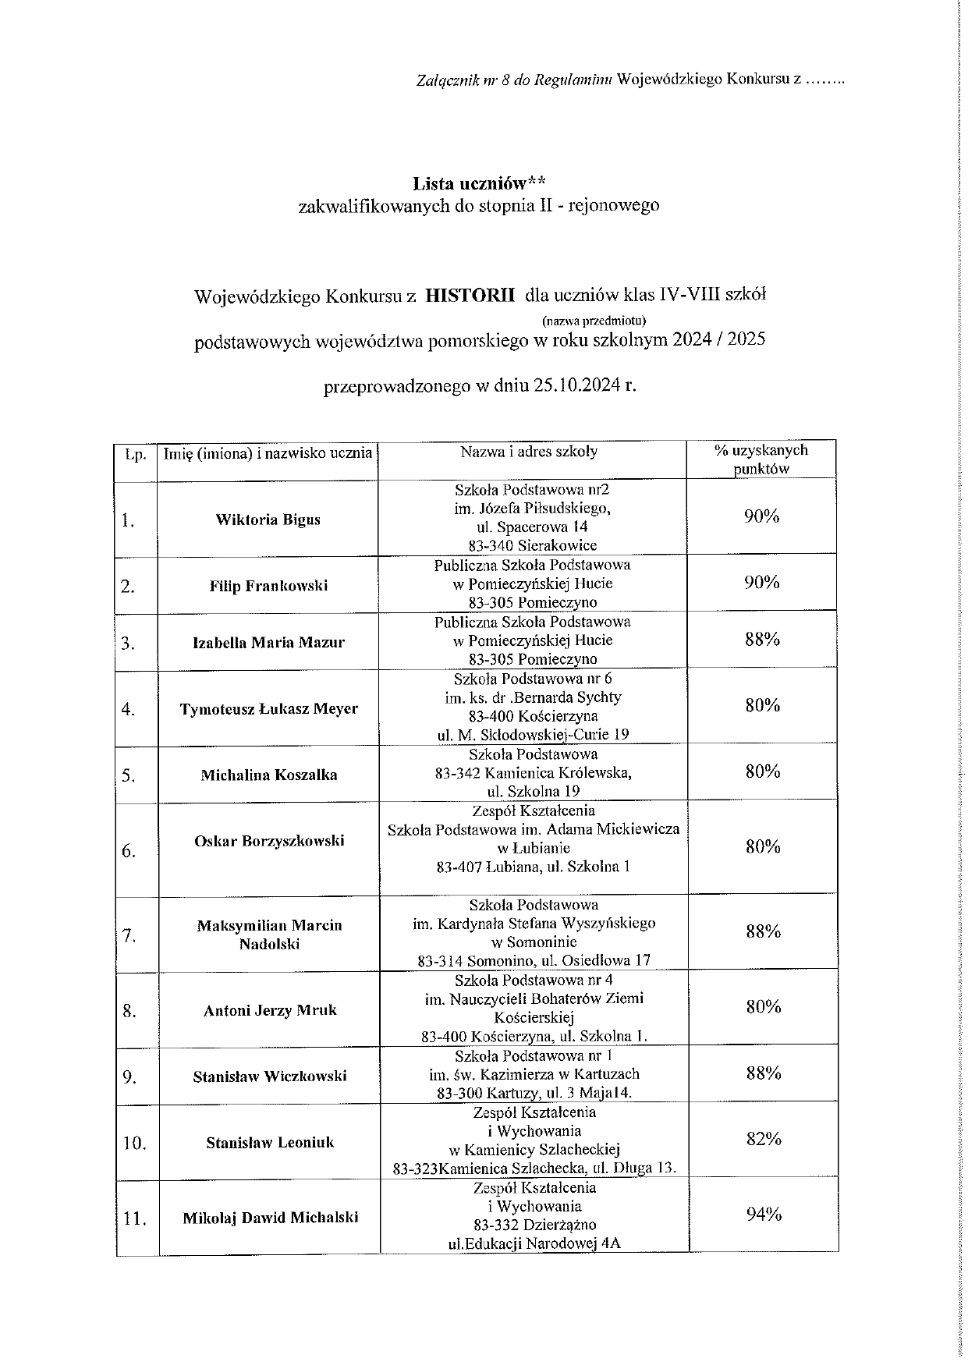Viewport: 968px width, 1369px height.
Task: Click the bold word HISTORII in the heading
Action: tap(470, 296)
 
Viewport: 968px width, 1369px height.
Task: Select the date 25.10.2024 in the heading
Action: tap(578, 386)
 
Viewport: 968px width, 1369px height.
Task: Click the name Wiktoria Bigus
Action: tap(268, 520)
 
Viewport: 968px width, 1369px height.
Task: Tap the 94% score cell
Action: tap(763, 1214)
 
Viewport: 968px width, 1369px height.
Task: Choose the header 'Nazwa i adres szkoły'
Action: tap(529, 452)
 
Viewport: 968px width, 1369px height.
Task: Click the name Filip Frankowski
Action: tap(268, 586)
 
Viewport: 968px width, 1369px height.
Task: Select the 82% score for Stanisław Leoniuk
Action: tap(763, 1139)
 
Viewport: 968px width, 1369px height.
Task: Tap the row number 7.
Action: tap(129, 936)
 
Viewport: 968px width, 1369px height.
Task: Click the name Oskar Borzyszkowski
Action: tap(269, 841)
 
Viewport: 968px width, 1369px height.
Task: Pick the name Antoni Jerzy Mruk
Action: tap(270, 1011)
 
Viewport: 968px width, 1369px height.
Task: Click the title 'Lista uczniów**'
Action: tap(479, 185)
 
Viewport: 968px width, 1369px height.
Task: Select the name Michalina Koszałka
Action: tap(269, 775)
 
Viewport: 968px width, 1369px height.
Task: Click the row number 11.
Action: tap(135, 1219)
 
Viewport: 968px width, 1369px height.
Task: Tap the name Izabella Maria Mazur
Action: tap(268, 643)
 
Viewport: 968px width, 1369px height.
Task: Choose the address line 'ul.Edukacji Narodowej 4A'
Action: tap(534, 1244)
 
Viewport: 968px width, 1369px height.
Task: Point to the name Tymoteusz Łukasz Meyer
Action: tap(269, 709)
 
